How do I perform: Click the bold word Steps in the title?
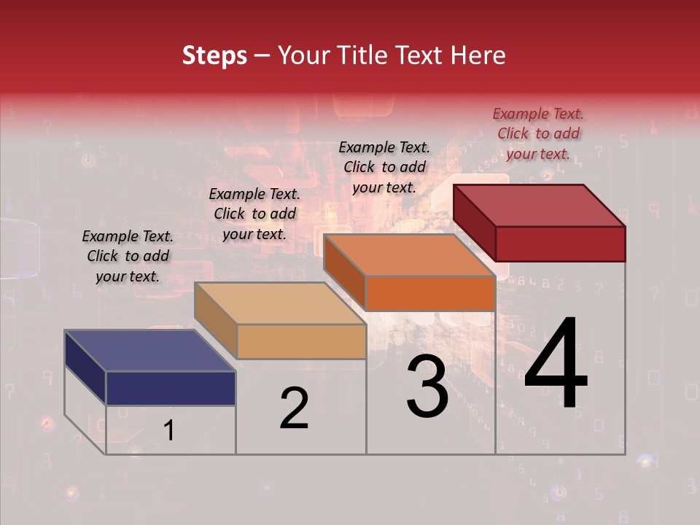pyautogui.click(x=214, y=55)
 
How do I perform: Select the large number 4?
pyautogui.click(x=556, y=365)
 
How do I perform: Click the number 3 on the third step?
pyautogui.click(x=427, y=388)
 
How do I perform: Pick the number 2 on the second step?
pyautogui.click(x=294, y=408)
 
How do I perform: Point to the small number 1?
pyautogui.click(x=168, y=431)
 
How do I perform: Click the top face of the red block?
pyautogui.click(x=538, y=205)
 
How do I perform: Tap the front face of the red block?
pyautogui.click(x=560, y=244)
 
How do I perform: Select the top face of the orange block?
pyautogui.click(x=408, y=254)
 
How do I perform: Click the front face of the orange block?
pyautogui.click(x=430, y=293)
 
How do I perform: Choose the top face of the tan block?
pyautogui.click(x=279, y=303)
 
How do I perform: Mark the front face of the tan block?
pyautogui.click(x=301, y=341)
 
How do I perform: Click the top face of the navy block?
pyautogui.click(x=149, y=350)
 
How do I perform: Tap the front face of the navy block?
pyautogui.click(x=171, y=388)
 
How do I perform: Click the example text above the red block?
pyautogui.click(x=538, y=133)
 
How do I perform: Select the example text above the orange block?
pyautogui.click(x=384, y=167)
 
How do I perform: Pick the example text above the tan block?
pyautogui.click(x=254, y=214)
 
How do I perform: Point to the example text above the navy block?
pyautogui.click(x=128, y=256)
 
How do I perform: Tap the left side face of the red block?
pyautogui.click(x=475, y=222)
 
